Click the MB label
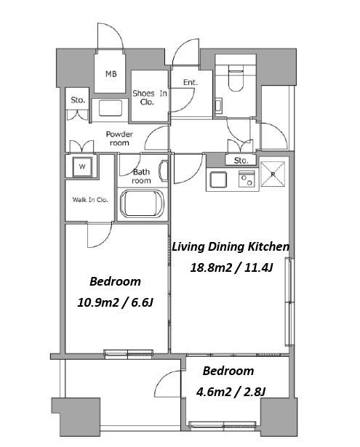pos(111,74)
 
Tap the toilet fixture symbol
pos(236,78)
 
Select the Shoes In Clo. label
pos(150,97)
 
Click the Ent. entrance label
pos(191,82)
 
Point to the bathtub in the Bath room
pos(142,204)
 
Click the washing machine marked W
pos(82,166)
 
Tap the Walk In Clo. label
pos(90,200)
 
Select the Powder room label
pos(119,138)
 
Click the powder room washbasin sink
pos(110,108)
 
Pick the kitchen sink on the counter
pos(218,180)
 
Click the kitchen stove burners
pos(247,179)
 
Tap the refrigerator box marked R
pos(273,174)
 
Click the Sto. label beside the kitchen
pos(241,161)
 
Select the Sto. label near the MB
pos(78,100)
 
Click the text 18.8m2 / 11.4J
pos(231,267)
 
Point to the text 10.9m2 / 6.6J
pos(115,302)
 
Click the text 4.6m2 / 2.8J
pos(231,392)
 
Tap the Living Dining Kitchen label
pos(231,246)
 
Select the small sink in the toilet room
pos(218,105)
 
